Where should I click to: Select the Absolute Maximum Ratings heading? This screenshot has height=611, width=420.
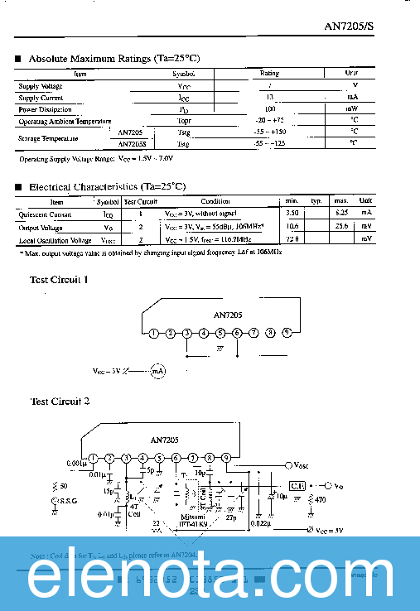tap(113, 59)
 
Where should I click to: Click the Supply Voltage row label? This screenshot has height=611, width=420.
tap(41, 86)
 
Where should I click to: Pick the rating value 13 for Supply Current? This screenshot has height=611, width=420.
tap(259, 98)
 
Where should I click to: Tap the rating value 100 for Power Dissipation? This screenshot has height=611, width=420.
tap(270, 109)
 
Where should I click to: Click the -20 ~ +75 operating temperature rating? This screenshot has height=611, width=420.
tap(271, 121)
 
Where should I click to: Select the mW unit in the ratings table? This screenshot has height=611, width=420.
tap(352, 109)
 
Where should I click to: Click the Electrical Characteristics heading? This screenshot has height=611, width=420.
tap(107, 187)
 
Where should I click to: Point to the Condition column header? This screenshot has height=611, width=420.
tap(215, 201)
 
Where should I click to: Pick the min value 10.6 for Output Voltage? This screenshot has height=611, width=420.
tap(292, 226)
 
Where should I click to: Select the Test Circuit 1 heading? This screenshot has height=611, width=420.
tap(59, 280)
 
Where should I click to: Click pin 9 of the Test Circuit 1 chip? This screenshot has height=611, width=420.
tap(287, 333)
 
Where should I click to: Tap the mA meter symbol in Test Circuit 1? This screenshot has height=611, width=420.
tap(158, 372)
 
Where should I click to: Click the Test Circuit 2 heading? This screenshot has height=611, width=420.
tap(60, 401)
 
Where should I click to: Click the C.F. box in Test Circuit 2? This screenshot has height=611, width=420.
tap(297, 485)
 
